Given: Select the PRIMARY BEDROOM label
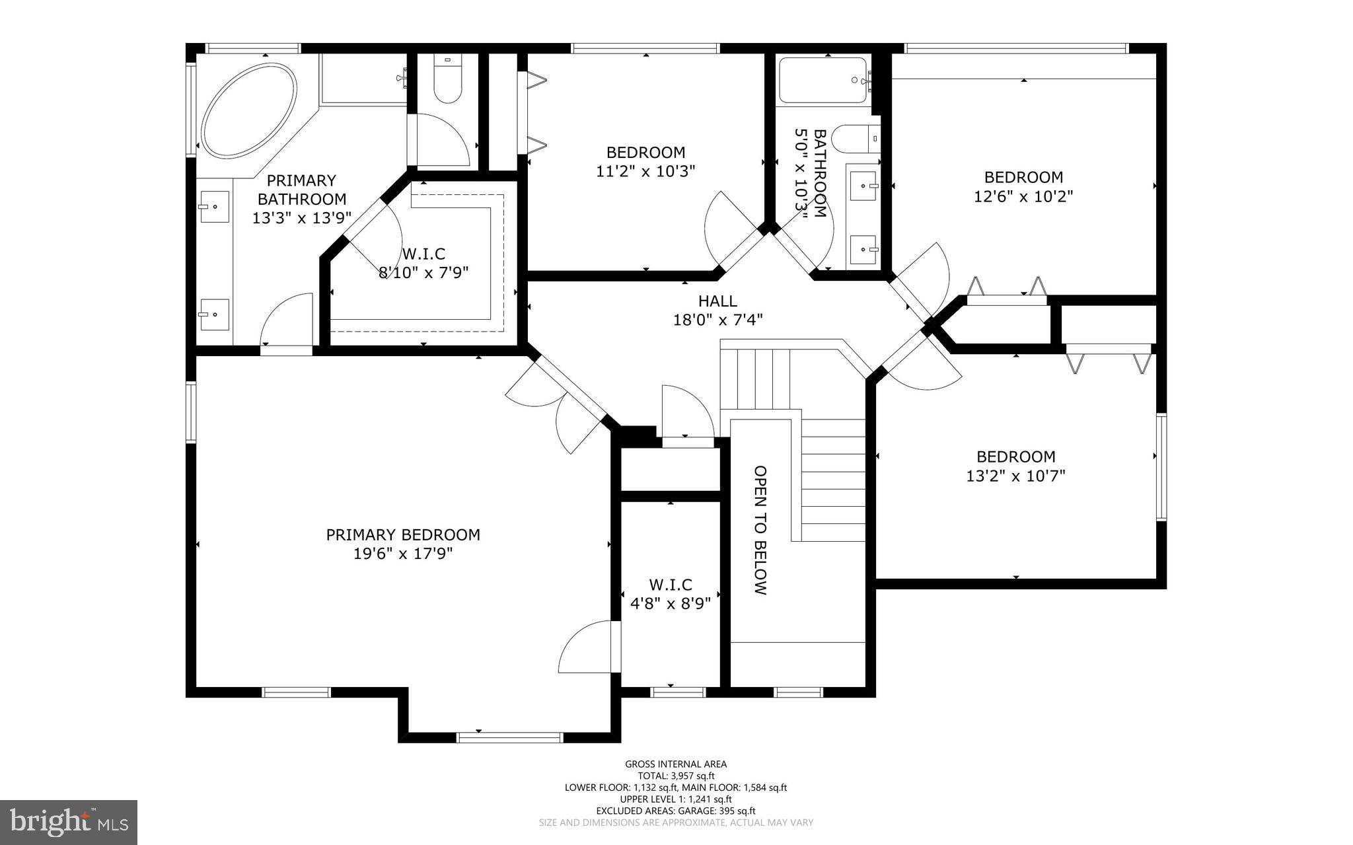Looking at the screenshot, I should click(403, 534).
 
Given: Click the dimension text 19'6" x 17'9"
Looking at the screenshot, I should click(403, 554).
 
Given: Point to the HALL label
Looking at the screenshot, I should click(717, 301).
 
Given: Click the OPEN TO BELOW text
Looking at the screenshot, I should click(761, 530).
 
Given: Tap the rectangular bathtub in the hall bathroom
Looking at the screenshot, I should click(823, 80).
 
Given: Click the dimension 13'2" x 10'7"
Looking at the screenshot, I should click(1015, 476).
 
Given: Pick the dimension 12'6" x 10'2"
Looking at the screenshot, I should click(1023, 196).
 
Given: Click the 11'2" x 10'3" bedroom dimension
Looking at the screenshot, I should click(645, 171).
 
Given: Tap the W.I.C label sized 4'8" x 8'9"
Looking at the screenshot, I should click(671, 585).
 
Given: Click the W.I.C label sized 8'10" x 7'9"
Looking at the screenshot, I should click(423, 254).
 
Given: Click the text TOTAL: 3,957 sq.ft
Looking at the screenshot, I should click(676, 776).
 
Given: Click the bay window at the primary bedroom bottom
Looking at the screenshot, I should click(509, 737).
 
